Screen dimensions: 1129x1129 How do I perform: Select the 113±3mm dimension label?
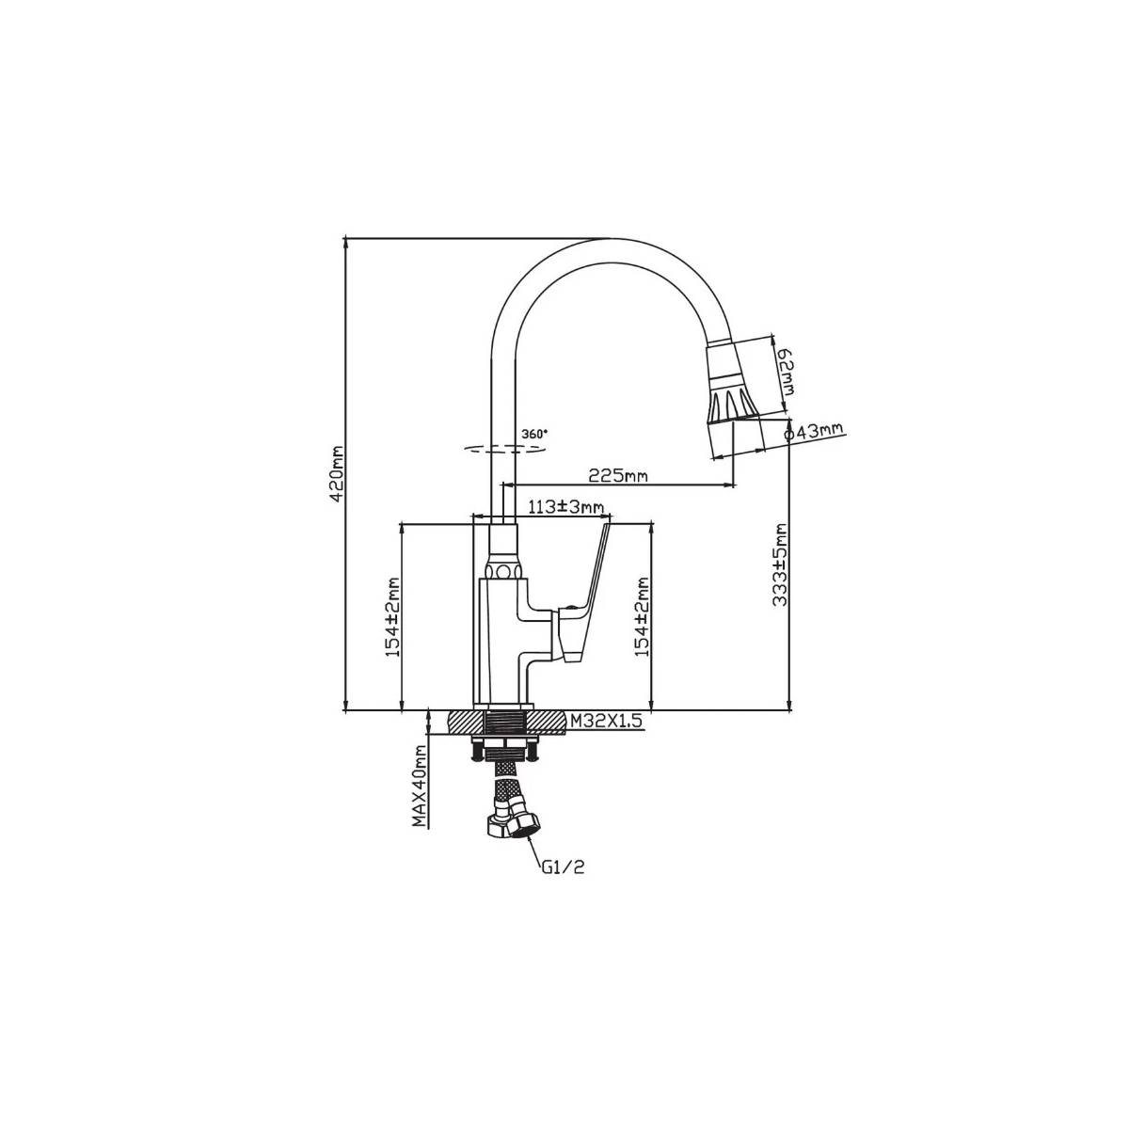pyautogui.click(x=566, y=506)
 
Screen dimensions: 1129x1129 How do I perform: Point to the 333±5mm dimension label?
pyautogui.click(x=780, y=564)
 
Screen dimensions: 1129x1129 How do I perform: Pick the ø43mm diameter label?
pyautogui.click(x=814, y=432)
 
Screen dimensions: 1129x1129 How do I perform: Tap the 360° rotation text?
pyautogui.click(x=534, y=434)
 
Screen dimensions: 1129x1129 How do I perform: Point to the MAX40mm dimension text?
pyautogui.click(x=420, y=785)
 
